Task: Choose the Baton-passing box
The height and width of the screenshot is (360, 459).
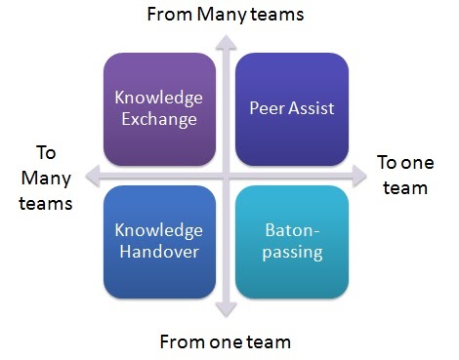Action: point(291,241)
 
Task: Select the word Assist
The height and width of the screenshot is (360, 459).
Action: point(312,107)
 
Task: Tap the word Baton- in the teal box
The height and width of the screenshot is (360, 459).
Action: point(291,230)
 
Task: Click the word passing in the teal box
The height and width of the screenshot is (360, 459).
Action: point(291,253)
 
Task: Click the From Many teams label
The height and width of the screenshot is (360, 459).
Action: point(225,14)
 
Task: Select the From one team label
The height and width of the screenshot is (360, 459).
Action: point(225,341)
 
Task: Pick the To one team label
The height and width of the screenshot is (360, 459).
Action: point(402,175)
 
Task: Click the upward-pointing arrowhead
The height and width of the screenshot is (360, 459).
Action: point(226,41)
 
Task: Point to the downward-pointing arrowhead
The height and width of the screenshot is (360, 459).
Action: point(226,314)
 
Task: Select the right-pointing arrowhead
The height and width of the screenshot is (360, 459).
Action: point(357,175)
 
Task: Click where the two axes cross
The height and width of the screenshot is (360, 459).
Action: point(226,175)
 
